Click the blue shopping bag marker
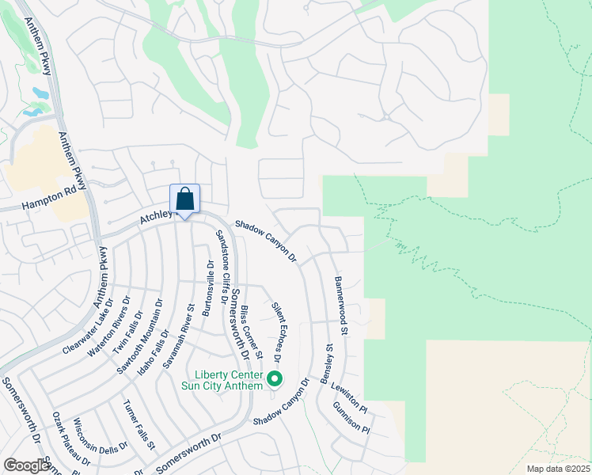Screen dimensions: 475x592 [184, 199]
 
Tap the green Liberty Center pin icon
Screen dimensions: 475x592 [275, 380]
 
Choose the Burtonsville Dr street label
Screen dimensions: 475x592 [207, 289]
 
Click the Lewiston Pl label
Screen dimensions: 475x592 [349, 399]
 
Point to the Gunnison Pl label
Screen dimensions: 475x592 [351, 419]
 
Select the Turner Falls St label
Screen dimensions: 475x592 [139, 425]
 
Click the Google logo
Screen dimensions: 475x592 [26, 465]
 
